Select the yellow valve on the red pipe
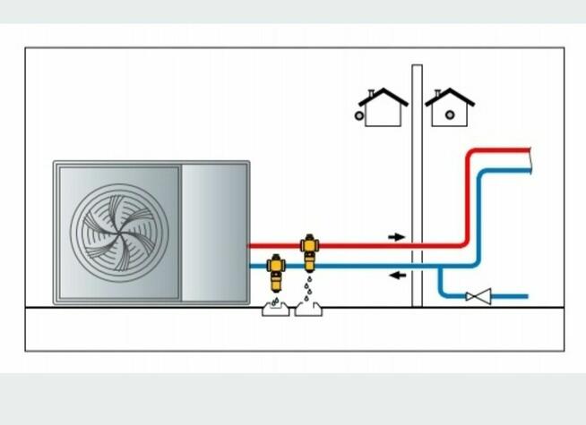(310, 250)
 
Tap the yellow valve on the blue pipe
(277, 270)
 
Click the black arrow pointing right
(396, 237)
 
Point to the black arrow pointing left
(396, 276)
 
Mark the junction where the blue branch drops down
(441, 268)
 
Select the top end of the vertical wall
(417, 68)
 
